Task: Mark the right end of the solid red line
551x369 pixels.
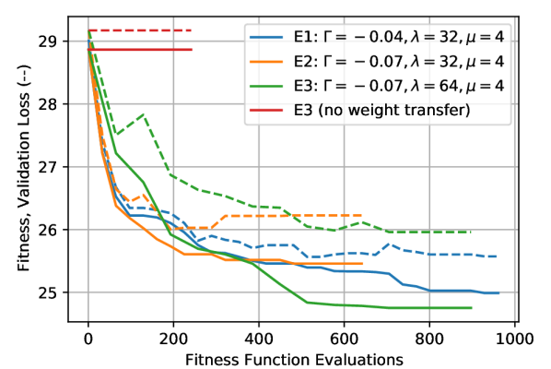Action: click(192, 49)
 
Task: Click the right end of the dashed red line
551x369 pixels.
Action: click(192, 30)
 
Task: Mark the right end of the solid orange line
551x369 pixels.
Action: click(362, 264)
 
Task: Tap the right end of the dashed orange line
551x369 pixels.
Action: click(362, 215)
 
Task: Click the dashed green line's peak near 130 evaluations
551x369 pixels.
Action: click(144, 114)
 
